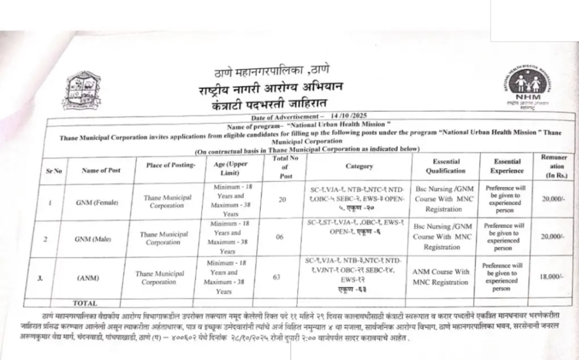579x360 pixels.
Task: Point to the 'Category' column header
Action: click(359, 166)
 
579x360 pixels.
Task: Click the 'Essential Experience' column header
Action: click(507, 166)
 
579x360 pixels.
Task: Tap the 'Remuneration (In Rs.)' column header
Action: click(557, 167)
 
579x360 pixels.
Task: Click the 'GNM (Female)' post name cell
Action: click(97, 202)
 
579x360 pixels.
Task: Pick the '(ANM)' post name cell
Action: click(90, 277)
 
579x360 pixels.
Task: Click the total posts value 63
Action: click(279, 277)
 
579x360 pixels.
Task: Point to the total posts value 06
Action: click(279, 237)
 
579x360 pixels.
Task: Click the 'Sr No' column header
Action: click(54, 170)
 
